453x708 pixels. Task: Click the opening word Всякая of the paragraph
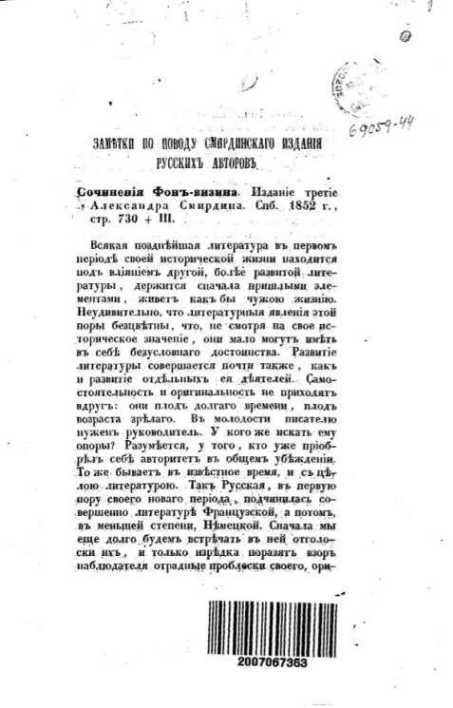pyautogui.click(x=115, y=244)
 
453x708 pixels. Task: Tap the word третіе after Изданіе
pyautogui.click(x=309, y=190)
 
